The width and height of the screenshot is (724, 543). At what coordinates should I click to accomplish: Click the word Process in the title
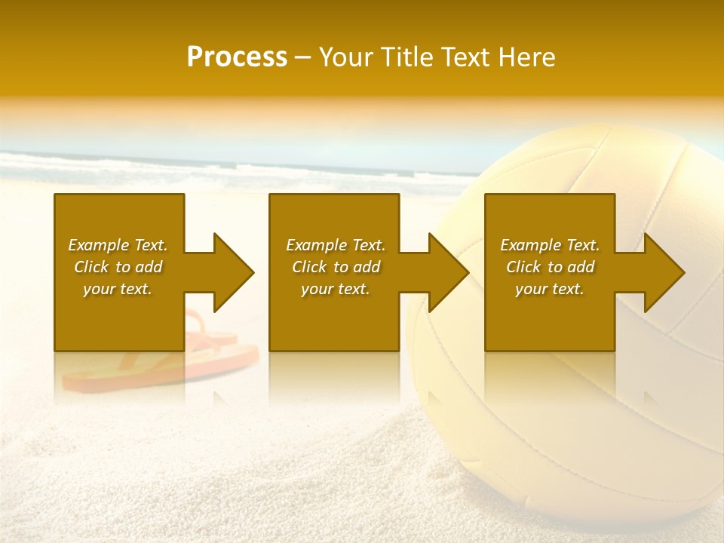[x=237, y=57]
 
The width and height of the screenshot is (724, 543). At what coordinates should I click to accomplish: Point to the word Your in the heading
[x=345, y=57]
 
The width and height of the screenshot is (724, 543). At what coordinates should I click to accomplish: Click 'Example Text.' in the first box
[x=118, y=245]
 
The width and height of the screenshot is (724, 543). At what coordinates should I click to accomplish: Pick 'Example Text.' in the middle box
[x=336, y=245]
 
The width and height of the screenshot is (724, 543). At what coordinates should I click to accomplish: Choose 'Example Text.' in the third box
[x=550, y=245]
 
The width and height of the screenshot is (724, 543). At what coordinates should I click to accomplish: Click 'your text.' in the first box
[x=118, y=289]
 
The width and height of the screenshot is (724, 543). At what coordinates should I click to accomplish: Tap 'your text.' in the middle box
[x=336, y=289]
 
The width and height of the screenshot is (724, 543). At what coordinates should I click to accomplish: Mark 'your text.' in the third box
[x=550, y=289]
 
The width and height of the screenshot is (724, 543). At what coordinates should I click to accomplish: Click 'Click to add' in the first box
[x=118, y=267]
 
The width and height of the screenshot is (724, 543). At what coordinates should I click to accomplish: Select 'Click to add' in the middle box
[x=336, y=267]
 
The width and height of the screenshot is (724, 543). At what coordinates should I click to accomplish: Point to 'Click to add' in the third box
[x=550, y=267]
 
